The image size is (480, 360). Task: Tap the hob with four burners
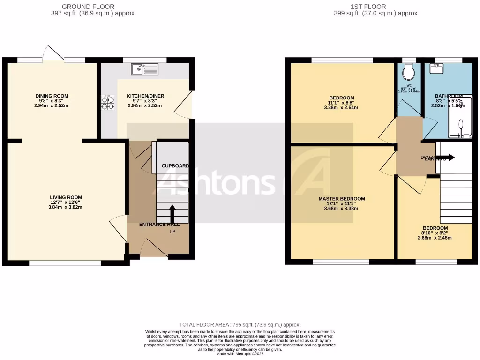(x=108, y=103)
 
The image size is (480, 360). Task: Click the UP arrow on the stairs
(x=172, y=214)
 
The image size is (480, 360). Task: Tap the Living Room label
(x=66, y=197)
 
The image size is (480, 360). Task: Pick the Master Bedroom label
(x=341, y=199)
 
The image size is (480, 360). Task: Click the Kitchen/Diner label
(x=145, y=96)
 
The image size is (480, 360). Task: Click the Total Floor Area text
(x=240, y=325)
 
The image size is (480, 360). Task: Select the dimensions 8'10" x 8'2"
(x=435, y=233)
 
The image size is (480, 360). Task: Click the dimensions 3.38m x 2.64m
(x=341, y=107)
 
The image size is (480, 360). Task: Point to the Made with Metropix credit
(x=240, y=354)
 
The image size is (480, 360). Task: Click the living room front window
(x=65, y=263)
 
